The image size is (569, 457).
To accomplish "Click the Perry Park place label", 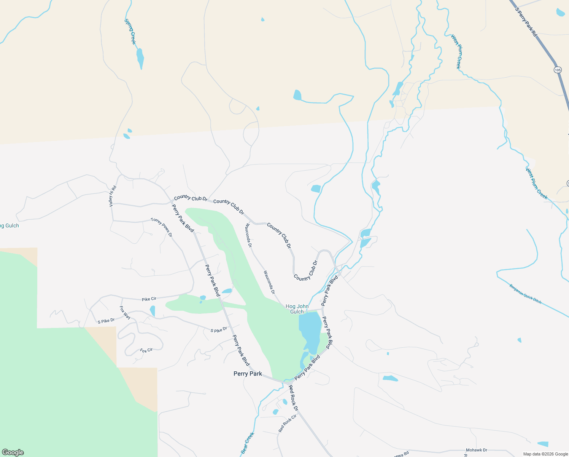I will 248,374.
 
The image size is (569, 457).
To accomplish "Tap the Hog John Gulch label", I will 297,309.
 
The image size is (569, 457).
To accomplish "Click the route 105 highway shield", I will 558,70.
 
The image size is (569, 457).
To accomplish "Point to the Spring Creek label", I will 130,32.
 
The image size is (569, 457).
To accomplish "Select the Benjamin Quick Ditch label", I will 525,294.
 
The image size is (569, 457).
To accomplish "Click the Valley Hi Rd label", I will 112,196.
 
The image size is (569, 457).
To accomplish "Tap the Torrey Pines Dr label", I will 162,227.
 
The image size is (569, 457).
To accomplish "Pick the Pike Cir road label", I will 149,299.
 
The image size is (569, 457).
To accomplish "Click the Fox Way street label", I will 125,313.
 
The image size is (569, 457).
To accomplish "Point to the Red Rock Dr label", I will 293,398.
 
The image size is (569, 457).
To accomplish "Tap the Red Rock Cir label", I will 287,423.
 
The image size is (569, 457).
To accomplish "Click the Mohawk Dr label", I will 477,450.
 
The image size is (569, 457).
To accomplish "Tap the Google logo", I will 13,452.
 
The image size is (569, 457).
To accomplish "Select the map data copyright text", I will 545,454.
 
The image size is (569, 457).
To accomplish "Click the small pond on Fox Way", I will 153,311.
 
